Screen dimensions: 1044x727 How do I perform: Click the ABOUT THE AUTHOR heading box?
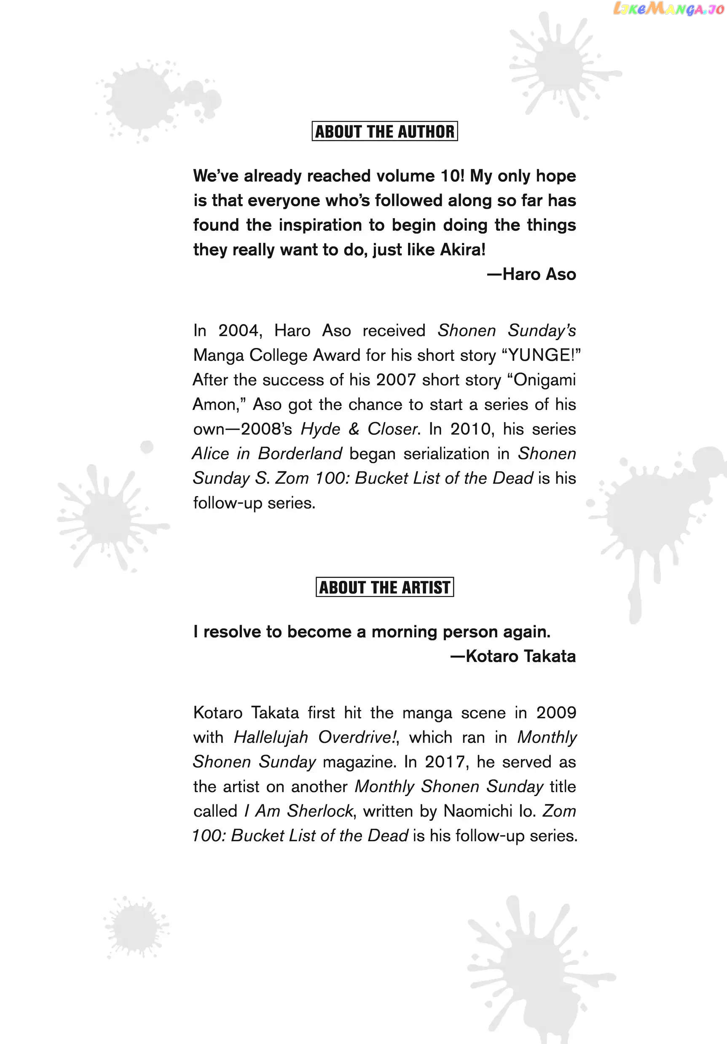coord(384,132)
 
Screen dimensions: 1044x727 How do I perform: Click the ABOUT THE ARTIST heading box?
coord(384,587)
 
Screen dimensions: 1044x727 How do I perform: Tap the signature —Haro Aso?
coord(531,274)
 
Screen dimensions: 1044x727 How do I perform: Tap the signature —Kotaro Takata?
coord(513,656)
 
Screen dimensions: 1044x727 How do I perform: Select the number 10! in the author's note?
coord(453,176)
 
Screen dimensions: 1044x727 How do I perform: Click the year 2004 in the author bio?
coord(240,331)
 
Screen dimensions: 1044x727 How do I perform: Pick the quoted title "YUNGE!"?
coord(541,355)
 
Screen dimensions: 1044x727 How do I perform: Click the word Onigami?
coord(545,380)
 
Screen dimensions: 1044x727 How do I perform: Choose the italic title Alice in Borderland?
coord(267,453)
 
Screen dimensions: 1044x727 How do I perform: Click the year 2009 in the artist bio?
coord(556,712)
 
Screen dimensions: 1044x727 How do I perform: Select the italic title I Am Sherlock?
coord(298,811)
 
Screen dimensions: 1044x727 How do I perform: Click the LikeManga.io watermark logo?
coord(668,9)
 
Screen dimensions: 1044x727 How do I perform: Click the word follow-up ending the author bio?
coord(228,503)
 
